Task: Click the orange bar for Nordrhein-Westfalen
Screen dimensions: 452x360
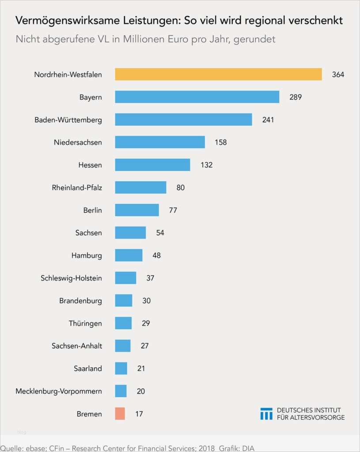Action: click(218, 75)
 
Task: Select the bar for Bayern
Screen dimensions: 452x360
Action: click(197, 97)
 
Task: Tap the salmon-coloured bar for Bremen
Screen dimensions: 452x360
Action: click(120, 414)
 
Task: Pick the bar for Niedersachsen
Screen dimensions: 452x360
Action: click(160, 142)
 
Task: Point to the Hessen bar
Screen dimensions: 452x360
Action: click(152, 165)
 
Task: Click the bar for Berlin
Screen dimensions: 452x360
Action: click(137, 210)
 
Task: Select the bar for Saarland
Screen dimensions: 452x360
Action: click(121, 369)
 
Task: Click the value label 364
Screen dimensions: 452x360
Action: click(338, 75)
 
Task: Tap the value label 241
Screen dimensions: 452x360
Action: click(268, 120)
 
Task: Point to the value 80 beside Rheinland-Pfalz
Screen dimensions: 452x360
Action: click(180, 188)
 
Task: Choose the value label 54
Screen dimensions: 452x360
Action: click(160, 233)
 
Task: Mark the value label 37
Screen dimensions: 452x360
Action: click(150, 278)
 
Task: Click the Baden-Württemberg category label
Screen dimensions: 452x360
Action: click(68, 120)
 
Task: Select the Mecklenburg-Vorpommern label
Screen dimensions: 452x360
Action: click(59, 391)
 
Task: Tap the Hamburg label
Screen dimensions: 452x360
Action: click(87, 256)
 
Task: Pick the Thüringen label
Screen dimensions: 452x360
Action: click(85, 324)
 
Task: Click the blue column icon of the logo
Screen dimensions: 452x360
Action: click(266, 414)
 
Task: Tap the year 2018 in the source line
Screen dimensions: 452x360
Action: click(205, 448)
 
